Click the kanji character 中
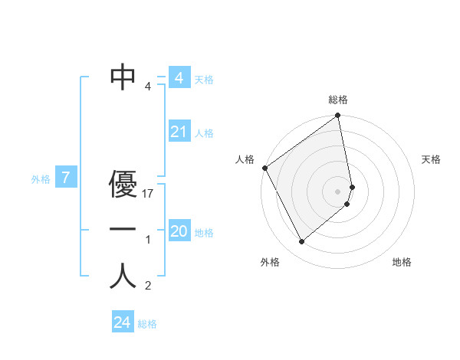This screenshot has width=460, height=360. (123, 76)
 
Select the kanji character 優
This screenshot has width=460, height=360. (123, 184)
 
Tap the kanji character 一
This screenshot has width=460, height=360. (123, 230)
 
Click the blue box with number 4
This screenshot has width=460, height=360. (179, 78)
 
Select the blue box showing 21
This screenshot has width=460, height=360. (179, 132)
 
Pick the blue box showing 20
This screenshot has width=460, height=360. (179, 231)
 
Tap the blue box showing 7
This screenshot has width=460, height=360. (66, 178)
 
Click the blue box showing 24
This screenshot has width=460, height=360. (122, 322)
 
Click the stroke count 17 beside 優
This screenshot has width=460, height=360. (149, 194)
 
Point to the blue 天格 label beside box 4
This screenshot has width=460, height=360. (204, 80)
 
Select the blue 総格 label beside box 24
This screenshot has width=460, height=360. (147, 324)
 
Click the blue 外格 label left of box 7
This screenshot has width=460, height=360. (41, 180)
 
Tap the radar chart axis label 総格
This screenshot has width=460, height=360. (338, 100)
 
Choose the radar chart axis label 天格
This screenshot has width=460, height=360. (432, 159)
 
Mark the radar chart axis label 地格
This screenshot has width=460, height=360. (402, 262)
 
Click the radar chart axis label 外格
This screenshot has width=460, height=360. (270, 262)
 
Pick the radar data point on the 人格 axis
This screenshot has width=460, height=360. (264, 168)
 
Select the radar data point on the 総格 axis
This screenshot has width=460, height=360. (338, 116)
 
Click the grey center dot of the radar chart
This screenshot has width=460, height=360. (338, 191)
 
